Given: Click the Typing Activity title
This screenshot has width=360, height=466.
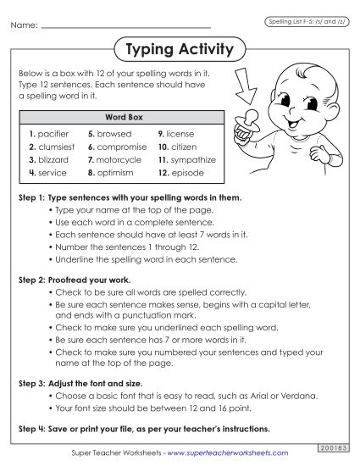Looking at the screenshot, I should [x=179, y=50].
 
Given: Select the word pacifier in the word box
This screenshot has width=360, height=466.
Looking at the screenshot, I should [x=53, y=134].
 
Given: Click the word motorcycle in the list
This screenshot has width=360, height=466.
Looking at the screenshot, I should [x=120, y=159].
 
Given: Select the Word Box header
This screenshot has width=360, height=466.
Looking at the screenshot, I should [x=121, y=116].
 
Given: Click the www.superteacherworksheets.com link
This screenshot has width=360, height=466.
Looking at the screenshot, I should [x=231, y=453].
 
